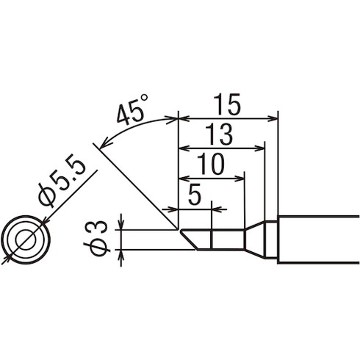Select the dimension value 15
pyautogui.click(x=228, y=105)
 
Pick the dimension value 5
pyautogui.click(x=195, y=195)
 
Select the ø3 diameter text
pyautogui.click(x=102, y=237)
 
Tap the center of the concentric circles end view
pyautogui.click(x=25, y=240)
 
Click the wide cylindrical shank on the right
pyautogui.click(x=316, y=239)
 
